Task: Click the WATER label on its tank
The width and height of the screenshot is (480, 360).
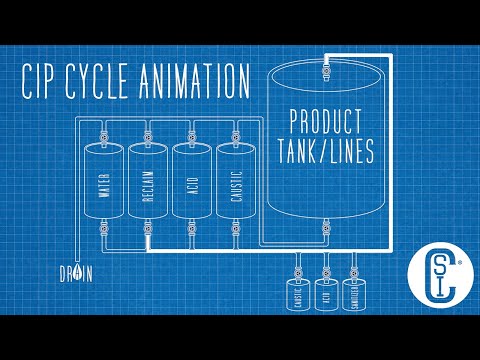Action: coord(104,184)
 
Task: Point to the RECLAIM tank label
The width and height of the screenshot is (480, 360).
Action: coord(147,184)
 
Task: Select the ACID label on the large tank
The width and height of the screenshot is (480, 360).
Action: coord(191,184)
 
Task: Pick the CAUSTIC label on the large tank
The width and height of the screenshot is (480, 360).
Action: coord(235,184)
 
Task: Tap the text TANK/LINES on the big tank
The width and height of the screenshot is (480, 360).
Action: coord(325,151)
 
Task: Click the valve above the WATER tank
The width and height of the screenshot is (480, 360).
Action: coord(104,132)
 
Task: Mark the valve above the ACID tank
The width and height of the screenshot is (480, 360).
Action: coord(191,132)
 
